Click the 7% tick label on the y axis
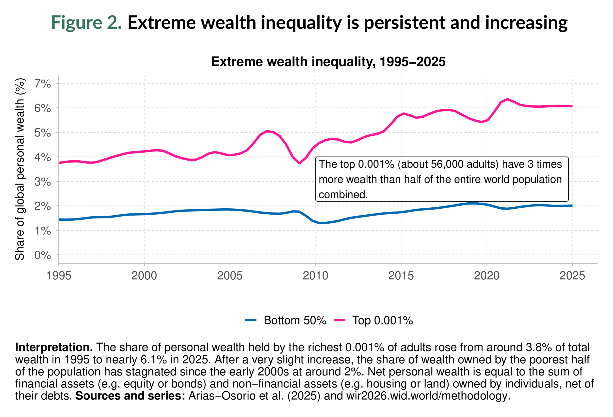point(42,84)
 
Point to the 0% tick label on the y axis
point(42,255)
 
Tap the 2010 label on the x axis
point(315,276)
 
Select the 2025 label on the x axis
point(572,276)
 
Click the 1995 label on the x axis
point(59,276)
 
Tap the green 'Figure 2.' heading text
point(86,23)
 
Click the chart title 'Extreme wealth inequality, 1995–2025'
point(328,62)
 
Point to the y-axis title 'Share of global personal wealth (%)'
point(20,169)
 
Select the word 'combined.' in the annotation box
point(343,195)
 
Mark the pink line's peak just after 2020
point(507,99)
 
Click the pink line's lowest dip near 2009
point(299,163)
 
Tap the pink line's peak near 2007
point(267,131)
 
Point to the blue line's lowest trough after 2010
point(322,223)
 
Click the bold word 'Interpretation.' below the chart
point(54,347)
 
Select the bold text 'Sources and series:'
point(130,396)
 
